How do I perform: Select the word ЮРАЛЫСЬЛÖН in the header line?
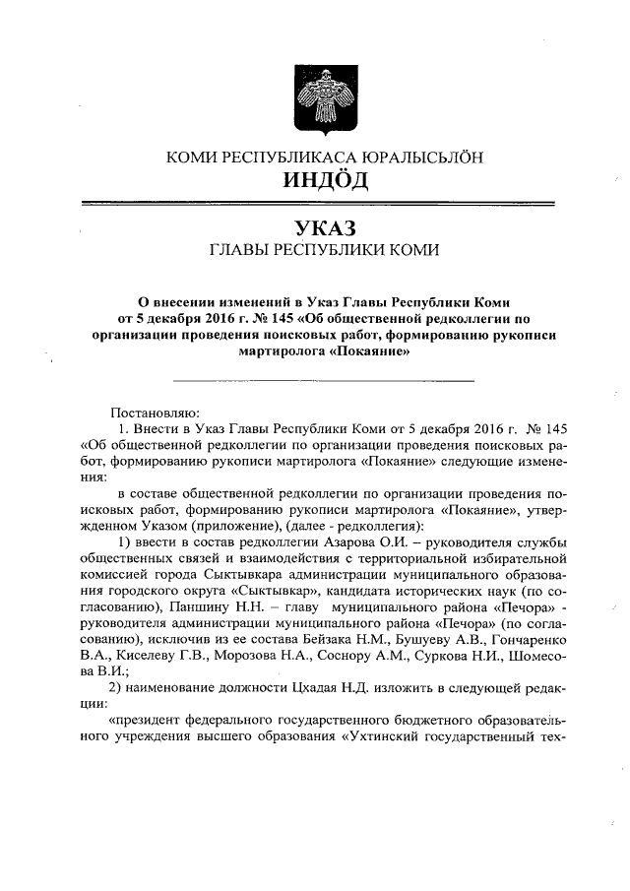pos(410,157)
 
